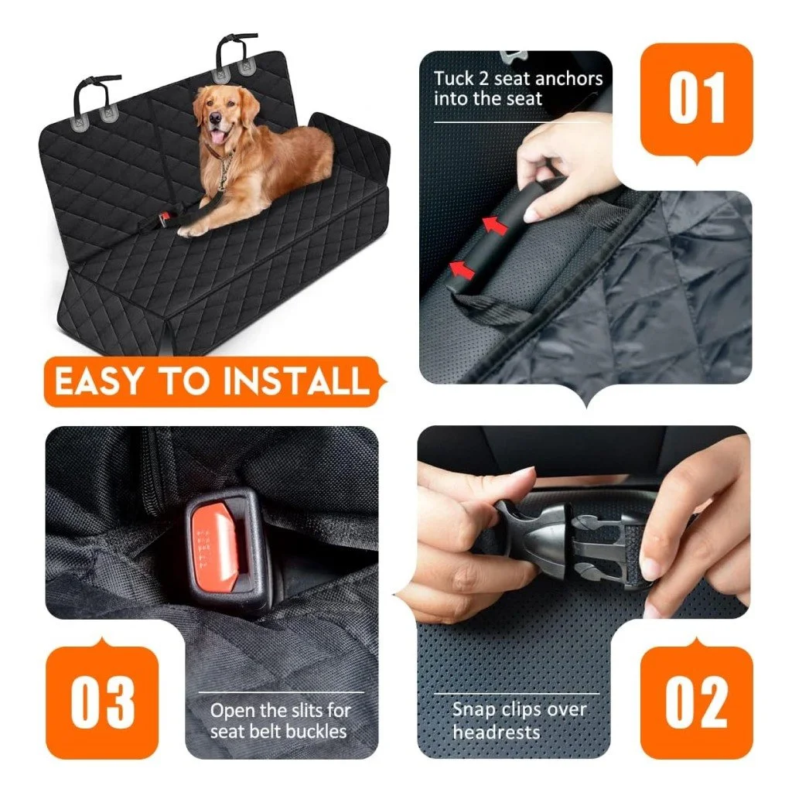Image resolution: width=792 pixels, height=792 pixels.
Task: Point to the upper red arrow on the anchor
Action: [494, 225]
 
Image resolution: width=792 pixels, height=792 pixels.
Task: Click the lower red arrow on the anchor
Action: [463, 270]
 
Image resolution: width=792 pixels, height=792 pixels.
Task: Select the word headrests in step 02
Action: [496, 732]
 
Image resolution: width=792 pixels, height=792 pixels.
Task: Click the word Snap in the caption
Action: [473, 710]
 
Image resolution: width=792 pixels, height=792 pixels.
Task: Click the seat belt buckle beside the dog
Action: [164, 220]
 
